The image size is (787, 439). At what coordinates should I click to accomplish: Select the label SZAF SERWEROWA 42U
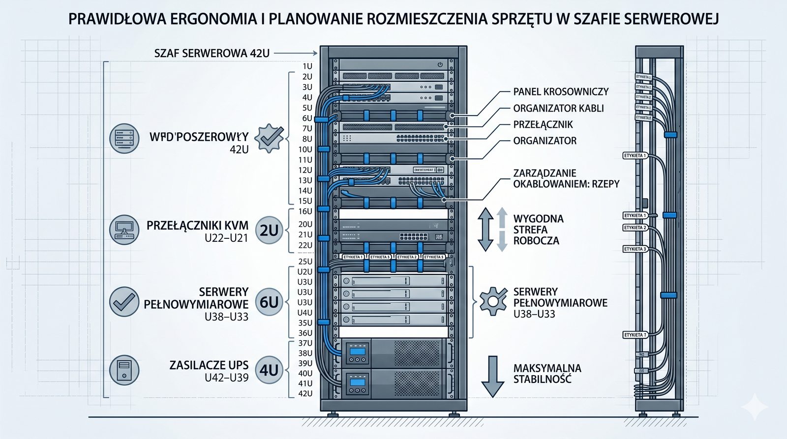pyautogui.click(x=212, y=53)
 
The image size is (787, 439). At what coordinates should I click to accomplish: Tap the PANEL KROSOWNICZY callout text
pyautogui.click(x=561, y=92)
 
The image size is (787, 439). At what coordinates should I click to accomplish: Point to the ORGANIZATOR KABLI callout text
pyautogui.click(x=558, y=108)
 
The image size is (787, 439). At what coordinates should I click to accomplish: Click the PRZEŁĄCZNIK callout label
pyautogui.click(x=543, y=124)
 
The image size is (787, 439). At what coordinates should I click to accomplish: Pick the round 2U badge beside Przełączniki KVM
pyautogui.click(x=269, y=230)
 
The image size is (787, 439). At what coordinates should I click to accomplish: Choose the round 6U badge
pyautogui.click(x=269, y=302)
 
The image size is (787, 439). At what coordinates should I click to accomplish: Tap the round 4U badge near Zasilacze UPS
pyautogui.click(x=269, y=370)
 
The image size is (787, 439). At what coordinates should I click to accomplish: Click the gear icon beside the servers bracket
pyautogui.click(x=493, y=301)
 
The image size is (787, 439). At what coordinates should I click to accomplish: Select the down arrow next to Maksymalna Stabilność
pyautogui.click(x=492, y=376)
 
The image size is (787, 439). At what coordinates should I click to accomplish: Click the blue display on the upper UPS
pyautogui.click(x=358, y=351)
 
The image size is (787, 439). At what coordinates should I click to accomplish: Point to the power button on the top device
pyautogui.click(x=440, y=65)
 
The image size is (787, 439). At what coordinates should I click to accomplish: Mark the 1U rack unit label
pyautogui.click(x=307, y=66)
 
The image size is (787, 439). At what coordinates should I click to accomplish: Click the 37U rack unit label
pyautogui.click(x=305, y=343)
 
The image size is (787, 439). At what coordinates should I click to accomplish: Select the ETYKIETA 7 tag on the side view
pyautogui.click(x=635, y=335)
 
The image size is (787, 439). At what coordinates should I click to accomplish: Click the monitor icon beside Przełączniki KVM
pyautogui.click(x=124, y=230)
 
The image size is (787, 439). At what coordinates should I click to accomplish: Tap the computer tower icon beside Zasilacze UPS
pyautogui.click(x=124, y=370)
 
